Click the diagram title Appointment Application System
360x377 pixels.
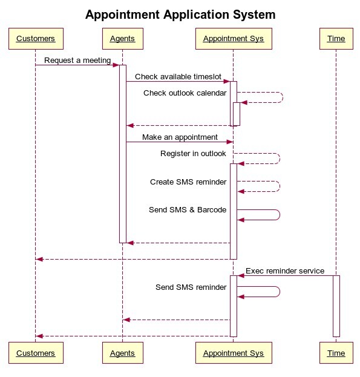pos(180,15)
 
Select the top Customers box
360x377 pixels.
pos(36,39)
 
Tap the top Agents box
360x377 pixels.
pos(123,39)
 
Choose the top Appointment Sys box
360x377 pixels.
pos(234,39)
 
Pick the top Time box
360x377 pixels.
pos(336,39)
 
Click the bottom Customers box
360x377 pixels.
pos(36,353)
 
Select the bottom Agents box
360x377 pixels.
pos(123,353)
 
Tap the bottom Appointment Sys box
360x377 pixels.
pos(234,353)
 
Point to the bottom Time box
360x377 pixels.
pos(336,353)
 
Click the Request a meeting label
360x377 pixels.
pos(77,61)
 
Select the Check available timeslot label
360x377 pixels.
pos(178,77)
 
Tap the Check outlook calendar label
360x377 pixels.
pos(185,93)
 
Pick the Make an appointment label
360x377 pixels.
pos(180,137)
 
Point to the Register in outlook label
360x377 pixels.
pos(193,153)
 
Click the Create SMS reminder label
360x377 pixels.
pos(188,182)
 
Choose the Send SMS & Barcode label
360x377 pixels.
pos(188,209)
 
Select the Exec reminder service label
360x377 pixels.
pos(285,271)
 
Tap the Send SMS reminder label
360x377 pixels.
pos(191,287)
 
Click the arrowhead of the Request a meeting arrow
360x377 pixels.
pos(116,65)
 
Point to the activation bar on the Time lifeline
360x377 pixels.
pos(336,306)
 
